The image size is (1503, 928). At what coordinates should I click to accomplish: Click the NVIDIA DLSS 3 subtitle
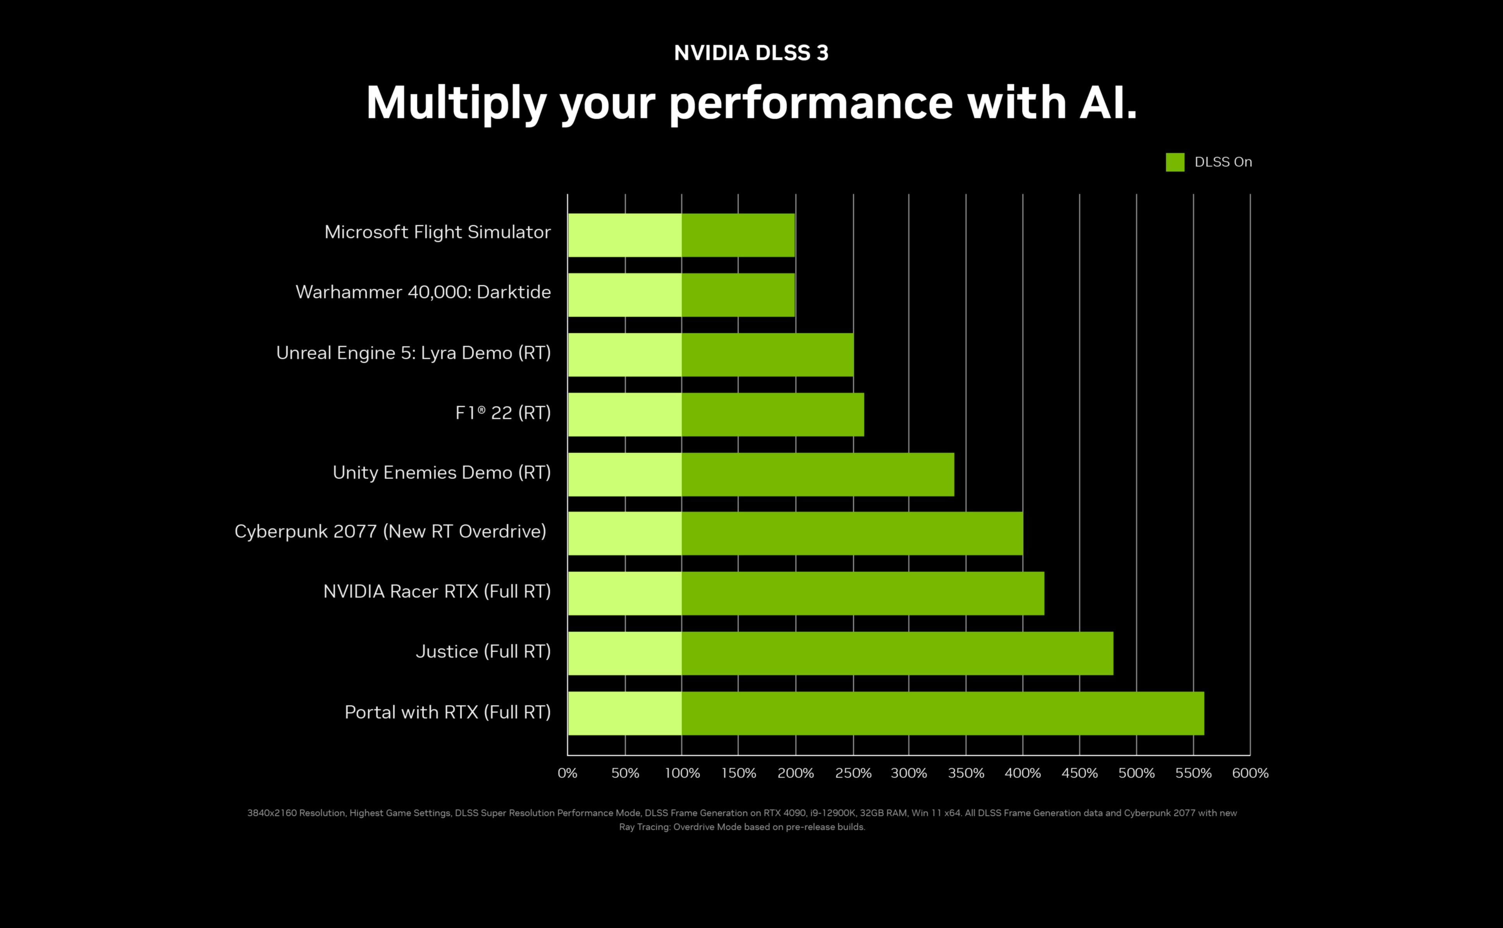tap(751, 53)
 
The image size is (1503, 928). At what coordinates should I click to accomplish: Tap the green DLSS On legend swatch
tap(1175, 162)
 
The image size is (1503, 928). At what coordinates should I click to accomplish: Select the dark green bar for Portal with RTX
tap(942, 713)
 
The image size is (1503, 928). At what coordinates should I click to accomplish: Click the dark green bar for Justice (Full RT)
tap(897, 653)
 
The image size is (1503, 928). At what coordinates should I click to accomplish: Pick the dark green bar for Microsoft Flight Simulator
tap(738, 235)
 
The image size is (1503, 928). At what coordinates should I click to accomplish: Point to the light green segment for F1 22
tap(625, 414)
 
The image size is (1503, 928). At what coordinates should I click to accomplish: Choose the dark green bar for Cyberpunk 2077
tap(852, 533)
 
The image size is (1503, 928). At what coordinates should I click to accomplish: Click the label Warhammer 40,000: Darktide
tap(423, 292)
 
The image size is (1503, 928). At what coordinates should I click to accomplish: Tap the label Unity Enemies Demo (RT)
tap(441, 473)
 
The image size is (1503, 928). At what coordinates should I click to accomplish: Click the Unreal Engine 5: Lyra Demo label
tap(413, 353)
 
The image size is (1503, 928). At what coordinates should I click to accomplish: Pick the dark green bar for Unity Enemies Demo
tap(817, 474)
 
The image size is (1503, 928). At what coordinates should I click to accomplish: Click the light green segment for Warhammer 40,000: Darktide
tap(625, 295)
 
